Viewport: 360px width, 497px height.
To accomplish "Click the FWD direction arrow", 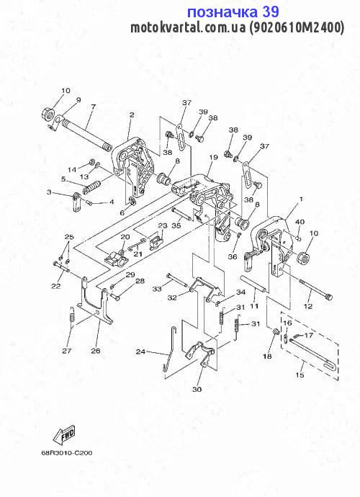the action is (65, 434).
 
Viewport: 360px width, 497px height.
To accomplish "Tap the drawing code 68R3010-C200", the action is (66, 453).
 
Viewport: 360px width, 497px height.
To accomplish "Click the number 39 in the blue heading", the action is (271, 12).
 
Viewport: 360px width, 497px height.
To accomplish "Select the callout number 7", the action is (93, 107).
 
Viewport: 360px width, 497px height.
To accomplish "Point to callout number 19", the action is (214, 157).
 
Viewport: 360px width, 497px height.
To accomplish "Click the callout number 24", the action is (140, 352).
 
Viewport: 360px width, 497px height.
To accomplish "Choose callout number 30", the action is (197, 389).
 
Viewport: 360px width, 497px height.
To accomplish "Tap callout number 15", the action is (300, 375).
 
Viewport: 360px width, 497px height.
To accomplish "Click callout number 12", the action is (308, 306).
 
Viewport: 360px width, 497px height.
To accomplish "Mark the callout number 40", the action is (300, 222).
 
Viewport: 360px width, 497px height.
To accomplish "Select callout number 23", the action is (163, 225).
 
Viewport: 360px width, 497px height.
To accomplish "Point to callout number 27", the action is (67, 351).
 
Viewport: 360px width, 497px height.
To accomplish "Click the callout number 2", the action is (132, 115).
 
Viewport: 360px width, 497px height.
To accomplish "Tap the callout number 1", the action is (301, 199).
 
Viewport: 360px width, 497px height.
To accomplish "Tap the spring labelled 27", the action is (72, 315).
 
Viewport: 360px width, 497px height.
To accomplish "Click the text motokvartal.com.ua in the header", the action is (188, 27).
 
